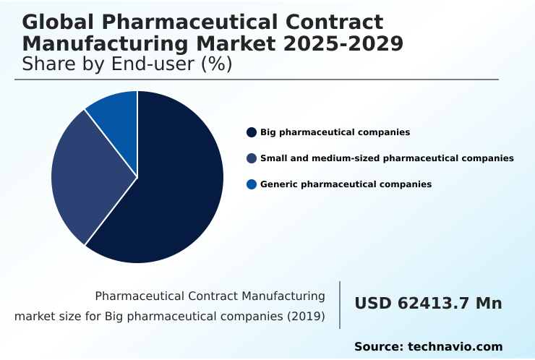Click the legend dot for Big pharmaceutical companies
(252, 132)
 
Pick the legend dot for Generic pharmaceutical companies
(252, 184)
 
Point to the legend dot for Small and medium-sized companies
(252, 158)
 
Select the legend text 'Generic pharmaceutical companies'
(346, 184)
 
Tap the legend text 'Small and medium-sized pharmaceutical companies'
(387, 158)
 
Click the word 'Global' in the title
(54, 22)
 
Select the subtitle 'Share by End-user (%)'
(127, 64)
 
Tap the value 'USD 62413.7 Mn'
(428, 304)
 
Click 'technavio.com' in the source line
(455, 347)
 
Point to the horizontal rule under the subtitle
(257, 80)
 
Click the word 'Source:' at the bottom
(378, 347)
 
